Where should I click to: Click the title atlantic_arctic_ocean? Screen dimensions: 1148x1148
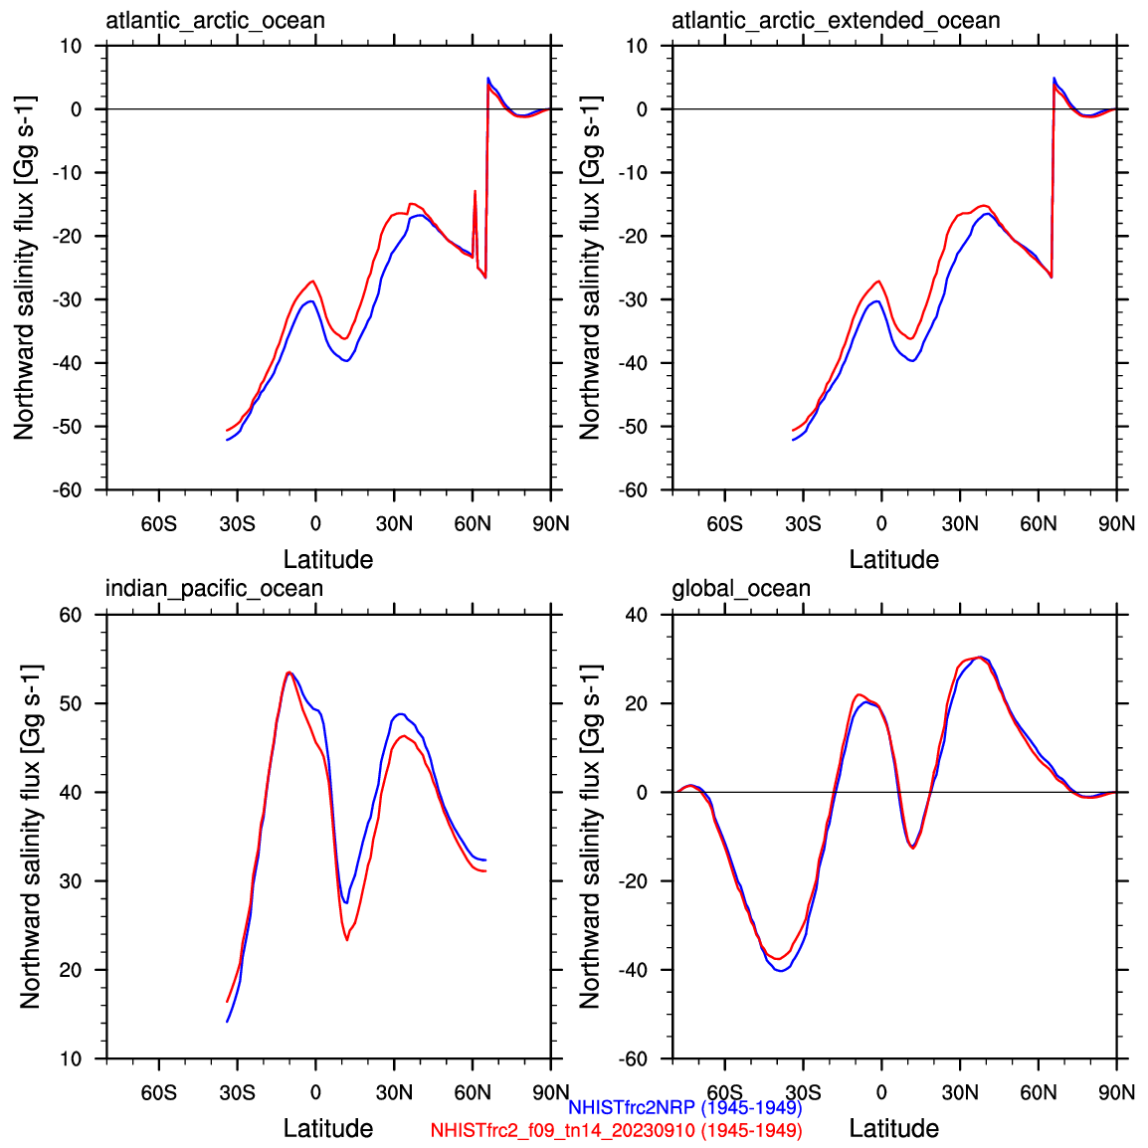pyautogui.click(x=215, y=20)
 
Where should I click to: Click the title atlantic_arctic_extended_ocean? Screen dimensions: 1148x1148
pyautogui.click(x=836, y=20)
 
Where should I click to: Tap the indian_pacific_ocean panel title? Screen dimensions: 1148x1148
pyautogui.click(x=214, y=589)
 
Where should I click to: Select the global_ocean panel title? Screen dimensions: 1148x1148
pyautogui.click(x=741, y=589)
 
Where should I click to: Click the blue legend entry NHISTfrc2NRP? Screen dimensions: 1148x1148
pyautogui.click(x=684, y=1107)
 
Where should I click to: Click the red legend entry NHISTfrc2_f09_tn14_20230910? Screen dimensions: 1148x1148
pyautogui.click(x=616, y=1130)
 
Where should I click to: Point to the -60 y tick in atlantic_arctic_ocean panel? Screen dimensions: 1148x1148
pyautogui.click(x=70, y=490)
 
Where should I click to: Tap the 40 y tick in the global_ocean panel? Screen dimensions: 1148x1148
pyautogui.click(x=636, y=615)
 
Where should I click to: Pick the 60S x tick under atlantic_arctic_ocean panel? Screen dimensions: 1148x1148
pyautogui.click(x=159, y=523)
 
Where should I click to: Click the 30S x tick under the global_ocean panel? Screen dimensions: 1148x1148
pyautogui.click(x=803, y=1092)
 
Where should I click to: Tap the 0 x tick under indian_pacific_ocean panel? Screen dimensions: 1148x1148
pyautogui.click(x=315, y=1092)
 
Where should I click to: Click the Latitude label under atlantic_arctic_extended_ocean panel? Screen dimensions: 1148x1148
pyautogui.click(x=893, y=559)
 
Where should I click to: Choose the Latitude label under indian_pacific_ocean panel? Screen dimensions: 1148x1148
pyautogui.click(x=328, y=1128)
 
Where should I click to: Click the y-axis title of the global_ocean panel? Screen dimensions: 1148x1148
pyautogui.click(x=590, y=836)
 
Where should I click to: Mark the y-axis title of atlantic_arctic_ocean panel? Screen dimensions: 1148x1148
pyautogui.click(x=24, y=267)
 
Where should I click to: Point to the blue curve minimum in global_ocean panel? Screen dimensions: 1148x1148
pyautogui.click(x=780, y=969)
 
